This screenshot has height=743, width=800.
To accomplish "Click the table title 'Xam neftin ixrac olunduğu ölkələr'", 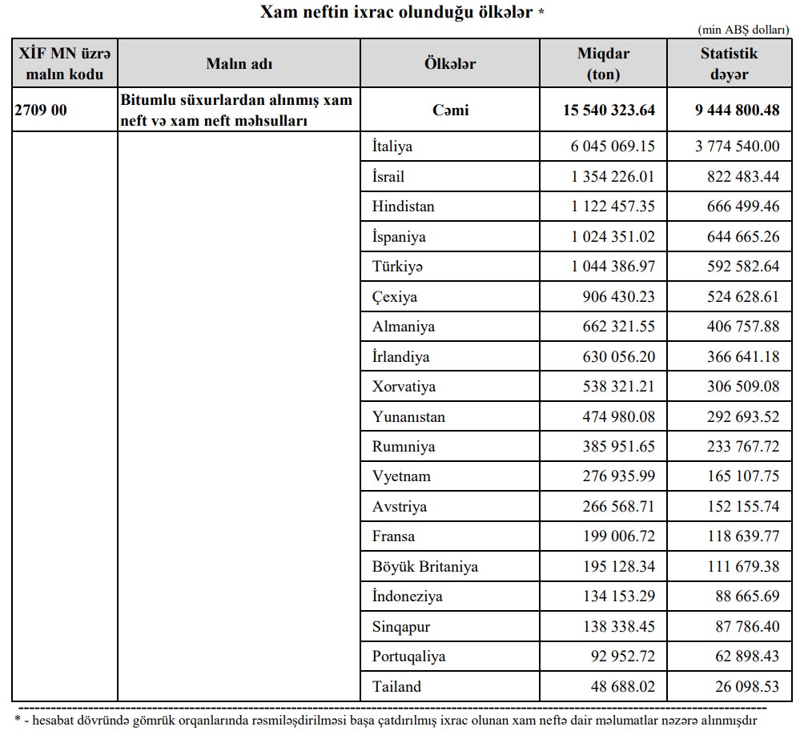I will coord(397,13).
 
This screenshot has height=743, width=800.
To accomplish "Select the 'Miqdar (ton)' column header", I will coord(603,64).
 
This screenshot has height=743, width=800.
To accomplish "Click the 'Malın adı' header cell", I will coord(239,64).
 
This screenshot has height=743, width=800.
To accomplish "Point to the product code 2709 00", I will coord(41,110).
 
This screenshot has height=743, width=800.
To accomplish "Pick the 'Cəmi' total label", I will coord(450,110).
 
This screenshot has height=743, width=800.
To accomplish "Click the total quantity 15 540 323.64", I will coord(609,110).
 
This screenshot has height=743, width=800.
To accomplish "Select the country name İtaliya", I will coord(392,147).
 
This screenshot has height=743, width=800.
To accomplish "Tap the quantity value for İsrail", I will coord(613,177).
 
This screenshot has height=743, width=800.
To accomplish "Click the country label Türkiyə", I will coord(397,267).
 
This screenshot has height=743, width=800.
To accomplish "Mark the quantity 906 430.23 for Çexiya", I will coord(619,297).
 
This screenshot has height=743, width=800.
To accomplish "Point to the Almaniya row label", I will coord(404,327).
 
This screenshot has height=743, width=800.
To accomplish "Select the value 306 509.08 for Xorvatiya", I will coord(742,387).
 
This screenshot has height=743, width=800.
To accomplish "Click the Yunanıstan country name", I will coord(408,417).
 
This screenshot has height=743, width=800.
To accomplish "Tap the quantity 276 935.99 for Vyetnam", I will coord(619,476).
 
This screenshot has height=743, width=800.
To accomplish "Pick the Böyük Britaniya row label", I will coord(425,567).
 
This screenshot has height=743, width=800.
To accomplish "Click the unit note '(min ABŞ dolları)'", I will coord(743,30).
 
